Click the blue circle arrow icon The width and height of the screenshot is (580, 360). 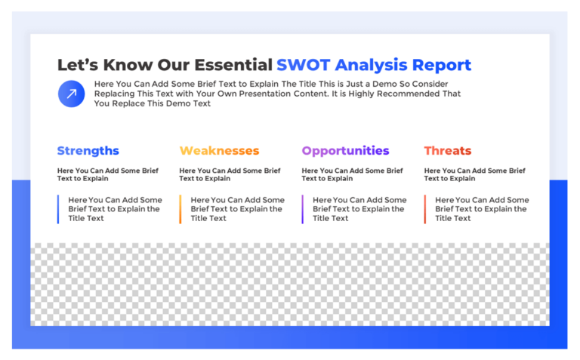(72, 94)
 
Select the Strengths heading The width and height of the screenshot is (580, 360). (88, 151)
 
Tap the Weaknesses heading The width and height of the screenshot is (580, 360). (219, 151)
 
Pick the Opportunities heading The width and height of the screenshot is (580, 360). (345, 151)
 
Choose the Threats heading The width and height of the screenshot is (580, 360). (448, 151)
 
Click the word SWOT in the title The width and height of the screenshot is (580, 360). (304, 65)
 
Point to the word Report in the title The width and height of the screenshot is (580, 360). (442, 66)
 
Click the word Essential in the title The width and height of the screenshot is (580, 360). (233, 65)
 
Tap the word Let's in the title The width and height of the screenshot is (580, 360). (78, 65)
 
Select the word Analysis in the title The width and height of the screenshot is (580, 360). (371, 66)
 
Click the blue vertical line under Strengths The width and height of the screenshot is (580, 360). (58, 209)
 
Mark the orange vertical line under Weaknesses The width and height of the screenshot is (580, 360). (180, 209)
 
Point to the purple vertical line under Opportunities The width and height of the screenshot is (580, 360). (303, 209)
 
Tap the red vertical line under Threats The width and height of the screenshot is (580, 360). (425, 209)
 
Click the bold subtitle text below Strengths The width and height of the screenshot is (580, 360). (108, 174)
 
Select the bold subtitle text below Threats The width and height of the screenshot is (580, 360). (474, 174)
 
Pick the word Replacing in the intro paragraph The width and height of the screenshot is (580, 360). (114, 94)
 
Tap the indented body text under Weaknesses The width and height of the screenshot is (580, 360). (237, 209)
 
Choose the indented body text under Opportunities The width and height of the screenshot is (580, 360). (359, 209)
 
